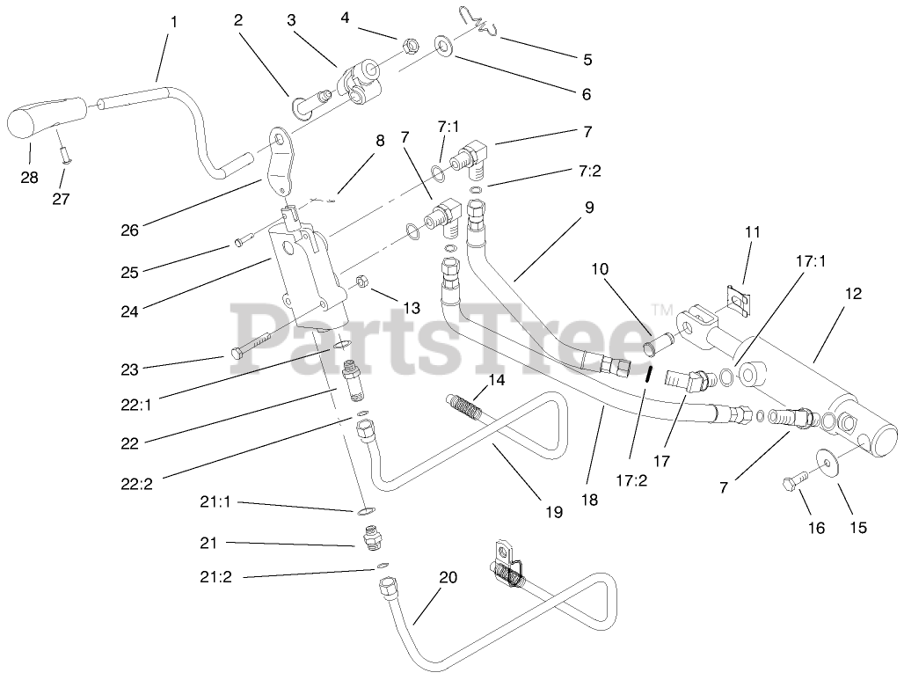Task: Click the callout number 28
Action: click(x=30, y=177)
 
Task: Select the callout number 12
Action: click(x=853, y=294)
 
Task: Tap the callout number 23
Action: click(x=130, y=370)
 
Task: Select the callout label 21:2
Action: click(x=217, y=577)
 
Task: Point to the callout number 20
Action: click(x=448, y=577)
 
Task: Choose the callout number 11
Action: click(x=751, y=232)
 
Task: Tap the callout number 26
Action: click(x=131, y=230)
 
